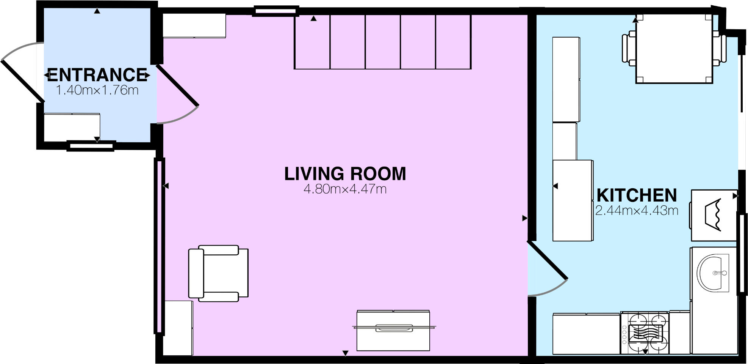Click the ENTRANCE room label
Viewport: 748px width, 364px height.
click(x=97, y=75)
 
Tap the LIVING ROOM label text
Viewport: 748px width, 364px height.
click(x=345, y=174)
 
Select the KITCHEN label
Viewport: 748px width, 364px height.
click(x=637, y=195)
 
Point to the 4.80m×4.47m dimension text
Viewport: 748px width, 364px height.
click(x=345, y=189)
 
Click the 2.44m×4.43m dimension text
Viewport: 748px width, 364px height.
click(x=637, y=210)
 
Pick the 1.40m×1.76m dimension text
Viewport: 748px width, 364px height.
click(x=97, y=90)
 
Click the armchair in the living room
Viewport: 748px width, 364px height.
click(x=218, y=273)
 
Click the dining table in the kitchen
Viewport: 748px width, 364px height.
click(x=674, y=49)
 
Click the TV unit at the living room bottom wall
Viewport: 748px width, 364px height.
click(x=393, y=330)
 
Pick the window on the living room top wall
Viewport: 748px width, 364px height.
click(x=275, y=11)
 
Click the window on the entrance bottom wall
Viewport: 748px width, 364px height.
click(x=91, y=146)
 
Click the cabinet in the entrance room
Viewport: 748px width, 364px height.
click(x=72, y=127)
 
